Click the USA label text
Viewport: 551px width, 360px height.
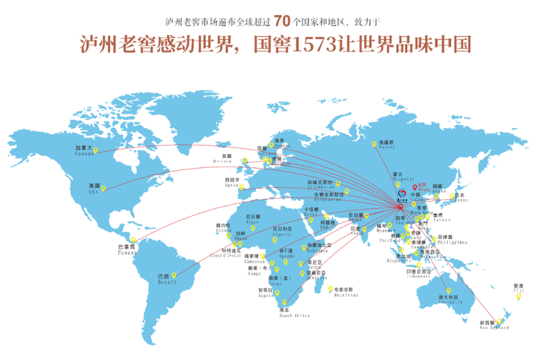(x=94, y=187)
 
